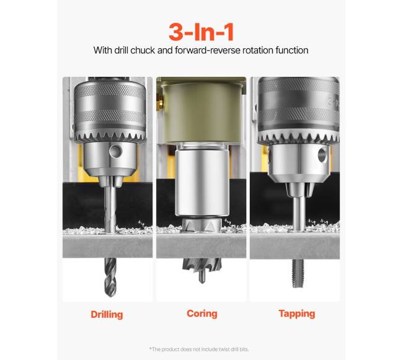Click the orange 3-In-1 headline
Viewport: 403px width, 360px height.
coord(201,32)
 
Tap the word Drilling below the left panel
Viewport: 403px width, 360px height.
coord(107,314)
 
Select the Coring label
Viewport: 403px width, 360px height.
coord(202,314)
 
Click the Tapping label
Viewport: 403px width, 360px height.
coord(297,314)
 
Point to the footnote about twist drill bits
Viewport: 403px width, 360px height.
coord(199,349)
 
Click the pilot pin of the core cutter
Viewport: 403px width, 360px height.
coord(202,277)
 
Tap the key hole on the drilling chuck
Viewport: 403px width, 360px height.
coord(115,151)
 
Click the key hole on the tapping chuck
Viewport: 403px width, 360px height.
coord(322,156)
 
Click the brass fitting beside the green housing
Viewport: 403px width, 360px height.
coord(161,100)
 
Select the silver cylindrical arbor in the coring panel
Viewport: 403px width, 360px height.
coord(201,183)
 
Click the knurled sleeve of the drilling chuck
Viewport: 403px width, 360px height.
coord(110,107)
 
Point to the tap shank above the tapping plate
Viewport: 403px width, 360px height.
coord(299,213)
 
